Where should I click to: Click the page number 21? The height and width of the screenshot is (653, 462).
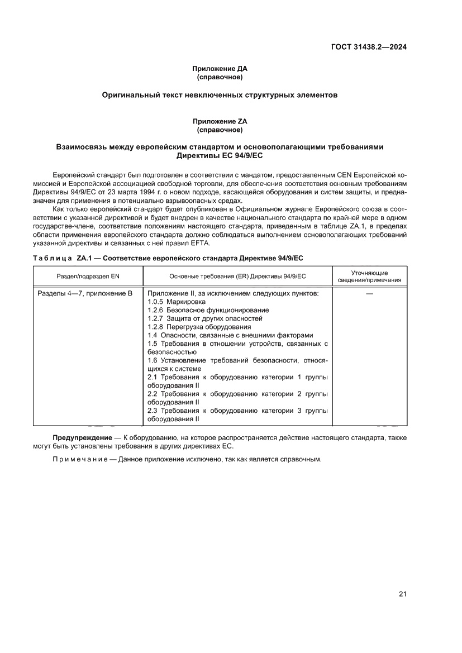[402, 594]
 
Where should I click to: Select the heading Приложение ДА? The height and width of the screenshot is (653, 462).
[220, 69]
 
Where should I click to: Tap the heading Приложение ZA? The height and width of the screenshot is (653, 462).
[220, 121]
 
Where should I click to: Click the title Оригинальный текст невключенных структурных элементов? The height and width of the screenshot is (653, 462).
[220, 95]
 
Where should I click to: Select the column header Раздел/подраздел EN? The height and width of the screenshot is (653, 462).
[88, 276]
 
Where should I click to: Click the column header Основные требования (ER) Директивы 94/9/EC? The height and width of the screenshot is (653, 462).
[237, 276]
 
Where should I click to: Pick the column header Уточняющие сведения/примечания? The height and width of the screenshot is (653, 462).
[369, 276]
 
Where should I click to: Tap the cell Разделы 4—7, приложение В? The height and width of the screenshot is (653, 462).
[85, 293]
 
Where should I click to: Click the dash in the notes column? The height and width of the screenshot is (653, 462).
[369, 293]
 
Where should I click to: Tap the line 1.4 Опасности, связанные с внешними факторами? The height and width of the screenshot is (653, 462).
[230, 335]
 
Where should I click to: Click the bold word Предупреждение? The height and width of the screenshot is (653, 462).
[82, 438]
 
